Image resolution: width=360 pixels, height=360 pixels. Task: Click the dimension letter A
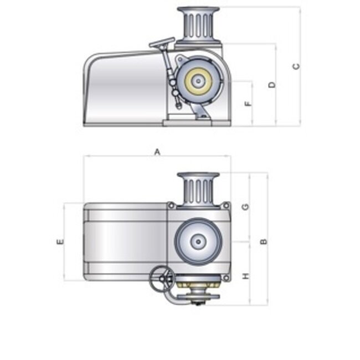click(157, 151)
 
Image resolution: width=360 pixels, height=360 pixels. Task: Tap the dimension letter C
click(296, 66)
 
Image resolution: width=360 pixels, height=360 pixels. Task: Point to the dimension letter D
click(271, 85)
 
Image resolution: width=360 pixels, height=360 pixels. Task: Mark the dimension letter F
click(248, 103)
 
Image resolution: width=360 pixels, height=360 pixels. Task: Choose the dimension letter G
click(245, 207)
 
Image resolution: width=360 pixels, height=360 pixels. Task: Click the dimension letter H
click(245, 275)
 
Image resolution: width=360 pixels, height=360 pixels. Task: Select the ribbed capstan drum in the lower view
click(197, 188)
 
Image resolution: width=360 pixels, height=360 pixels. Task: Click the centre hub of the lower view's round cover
click(198, 241)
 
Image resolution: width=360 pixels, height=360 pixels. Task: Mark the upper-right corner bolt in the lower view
click(226, 206)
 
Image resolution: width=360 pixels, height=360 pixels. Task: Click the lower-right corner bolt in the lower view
click(225, 276)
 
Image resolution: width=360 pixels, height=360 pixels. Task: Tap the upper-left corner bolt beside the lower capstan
click(172, 206)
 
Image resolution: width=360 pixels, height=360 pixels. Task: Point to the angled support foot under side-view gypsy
click(202, 113)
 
